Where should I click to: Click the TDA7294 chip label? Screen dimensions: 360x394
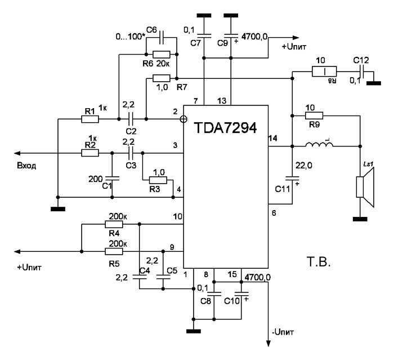coord(225,128)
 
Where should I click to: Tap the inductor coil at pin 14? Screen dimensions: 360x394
coord(319,146)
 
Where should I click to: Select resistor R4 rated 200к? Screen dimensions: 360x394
coord(115,224)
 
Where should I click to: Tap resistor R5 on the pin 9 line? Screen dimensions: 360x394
coord(115,250)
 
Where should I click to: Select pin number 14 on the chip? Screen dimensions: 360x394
coord(274,138)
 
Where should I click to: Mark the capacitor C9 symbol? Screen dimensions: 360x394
coord(232,34)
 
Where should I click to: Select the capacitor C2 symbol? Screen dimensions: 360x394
coord(131,119)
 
